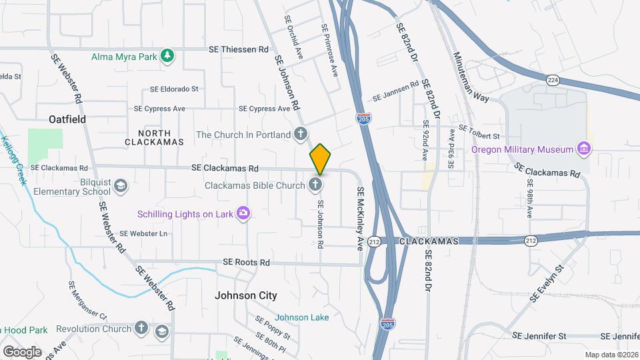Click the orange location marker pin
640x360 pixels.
[x=320, y=159]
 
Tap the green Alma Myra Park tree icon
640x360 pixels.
[x=169, y=57]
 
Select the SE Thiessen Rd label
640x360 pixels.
[x=238, y=49]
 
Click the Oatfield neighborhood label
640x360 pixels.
[x=67, y=119]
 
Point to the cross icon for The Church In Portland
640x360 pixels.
[x=301, y=134]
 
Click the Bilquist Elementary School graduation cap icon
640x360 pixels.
[x=121, y=185]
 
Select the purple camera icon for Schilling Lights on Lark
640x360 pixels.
[x=244, y=213]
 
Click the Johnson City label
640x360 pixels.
[x=245, y=295]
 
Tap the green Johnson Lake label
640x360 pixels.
[x=301, y=317]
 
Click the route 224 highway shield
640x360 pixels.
[x=553, y=80]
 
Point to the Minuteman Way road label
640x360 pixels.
[x=471, y=77]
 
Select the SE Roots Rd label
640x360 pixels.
[x=247, y=263]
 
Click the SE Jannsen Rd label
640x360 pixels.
[x=395, y=91]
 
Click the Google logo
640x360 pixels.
[x=22, y=351]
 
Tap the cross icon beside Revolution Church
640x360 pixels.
[x=141, y=328]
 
